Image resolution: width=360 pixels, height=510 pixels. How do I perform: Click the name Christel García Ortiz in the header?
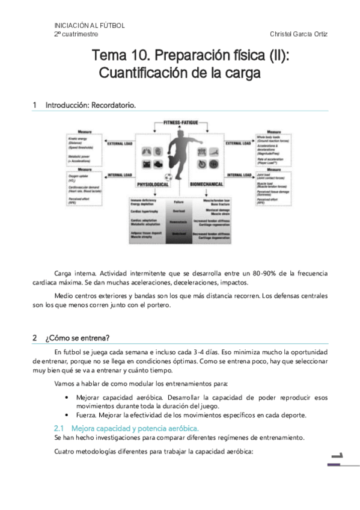pos(299,34)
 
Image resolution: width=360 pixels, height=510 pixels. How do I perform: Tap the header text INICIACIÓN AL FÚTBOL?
pos(90,25)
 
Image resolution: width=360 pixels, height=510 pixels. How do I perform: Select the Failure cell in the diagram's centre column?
pos(178,202)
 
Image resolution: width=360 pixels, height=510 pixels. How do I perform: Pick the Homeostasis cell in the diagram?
pos(178,221)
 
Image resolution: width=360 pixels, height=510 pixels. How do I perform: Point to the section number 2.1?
pos(59,428)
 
